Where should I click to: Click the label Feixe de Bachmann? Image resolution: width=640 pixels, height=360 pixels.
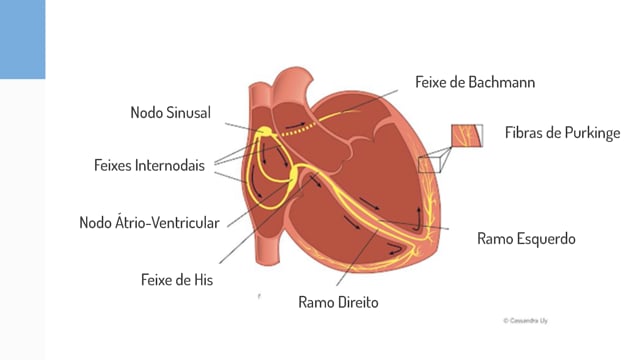(x=475, y=82)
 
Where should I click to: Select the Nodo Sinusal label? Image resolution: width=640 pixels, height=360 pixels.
(x=171, y=113)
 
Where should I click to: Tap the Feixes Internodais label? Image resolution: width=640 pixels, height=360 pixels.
(x=149, y=165)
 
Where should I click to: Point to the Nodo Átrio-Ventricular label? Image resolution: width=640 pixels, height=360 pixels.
(x=149, y=223)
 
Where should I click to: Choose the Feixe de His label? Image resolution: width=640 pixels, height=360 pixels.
(x=177, y=280)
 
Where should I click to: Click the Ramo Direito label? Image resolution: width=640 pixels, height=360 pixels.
(x=338, y=302)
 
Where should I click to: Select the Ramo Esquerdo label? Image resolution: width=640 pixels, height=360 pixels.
(x=527, y=239)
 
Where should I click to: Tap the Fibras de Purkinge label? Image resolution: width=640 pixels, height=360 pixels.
(x=563, y=133)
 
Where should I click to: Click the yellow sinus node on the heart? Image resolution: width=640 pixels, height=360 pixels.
(x=265, y=132)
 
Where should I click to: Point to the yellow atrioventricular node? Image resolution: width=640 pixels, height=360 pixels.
(x=294, y=175)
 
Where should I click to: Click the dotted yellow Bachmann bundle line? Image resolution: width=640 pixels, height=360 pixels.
(x=299, y=129)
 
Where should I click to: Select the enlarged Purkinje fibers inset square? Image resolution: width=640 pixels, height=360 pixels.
(x=467, y=136)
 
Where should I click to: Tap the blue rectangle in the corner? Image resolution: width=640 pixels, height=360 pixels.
(x=22, y=39)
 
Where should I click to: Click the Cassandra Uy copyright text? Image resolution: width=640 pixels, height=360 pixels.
(x=526, y=321)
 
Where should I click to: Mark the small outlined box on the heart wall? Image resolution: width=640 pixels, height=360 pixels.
(x=429, y=164)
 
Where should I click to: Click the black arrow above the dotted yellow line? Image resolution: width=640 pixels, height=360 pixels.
(x=295, y=124)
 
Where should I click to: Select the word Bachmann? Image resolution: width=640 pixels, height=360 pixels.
(x=502, y=82)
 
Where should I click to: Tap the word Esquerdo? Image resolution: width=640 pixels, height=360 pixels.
(x=546, y=239)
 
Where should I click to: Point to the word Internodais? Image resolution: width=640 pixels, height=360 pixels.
(x=170, y=165)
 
